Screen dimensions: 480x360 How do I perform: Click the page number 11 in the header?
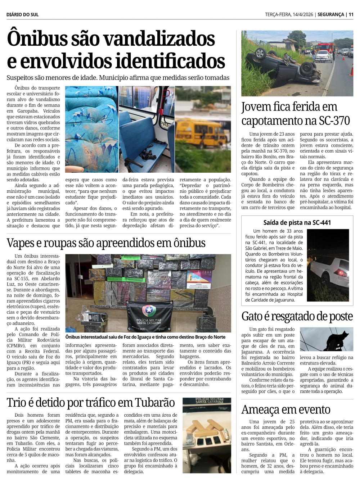coord(351,14)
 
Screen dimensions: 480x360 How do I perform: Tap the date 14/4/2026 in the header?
coord(303,14)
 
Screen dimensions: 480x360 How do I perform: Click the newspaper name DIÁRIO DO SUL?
coord(22,14)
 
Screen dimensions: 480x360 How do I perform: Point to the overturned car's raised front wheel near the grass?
coord(260,53)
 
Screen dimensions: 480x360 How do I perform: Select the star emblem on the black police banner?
coord(149,309)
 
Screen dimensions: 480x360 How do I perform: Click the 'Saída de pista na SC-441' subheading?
coord(297,222)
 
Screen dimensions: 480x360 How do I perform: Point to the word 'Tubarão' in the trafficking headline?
coord(155,402)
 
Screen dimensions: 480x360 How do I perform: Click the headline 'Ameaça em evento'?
coord(286,409)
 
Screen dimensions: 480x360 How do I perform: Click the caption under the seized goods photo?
coord(145,337)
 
